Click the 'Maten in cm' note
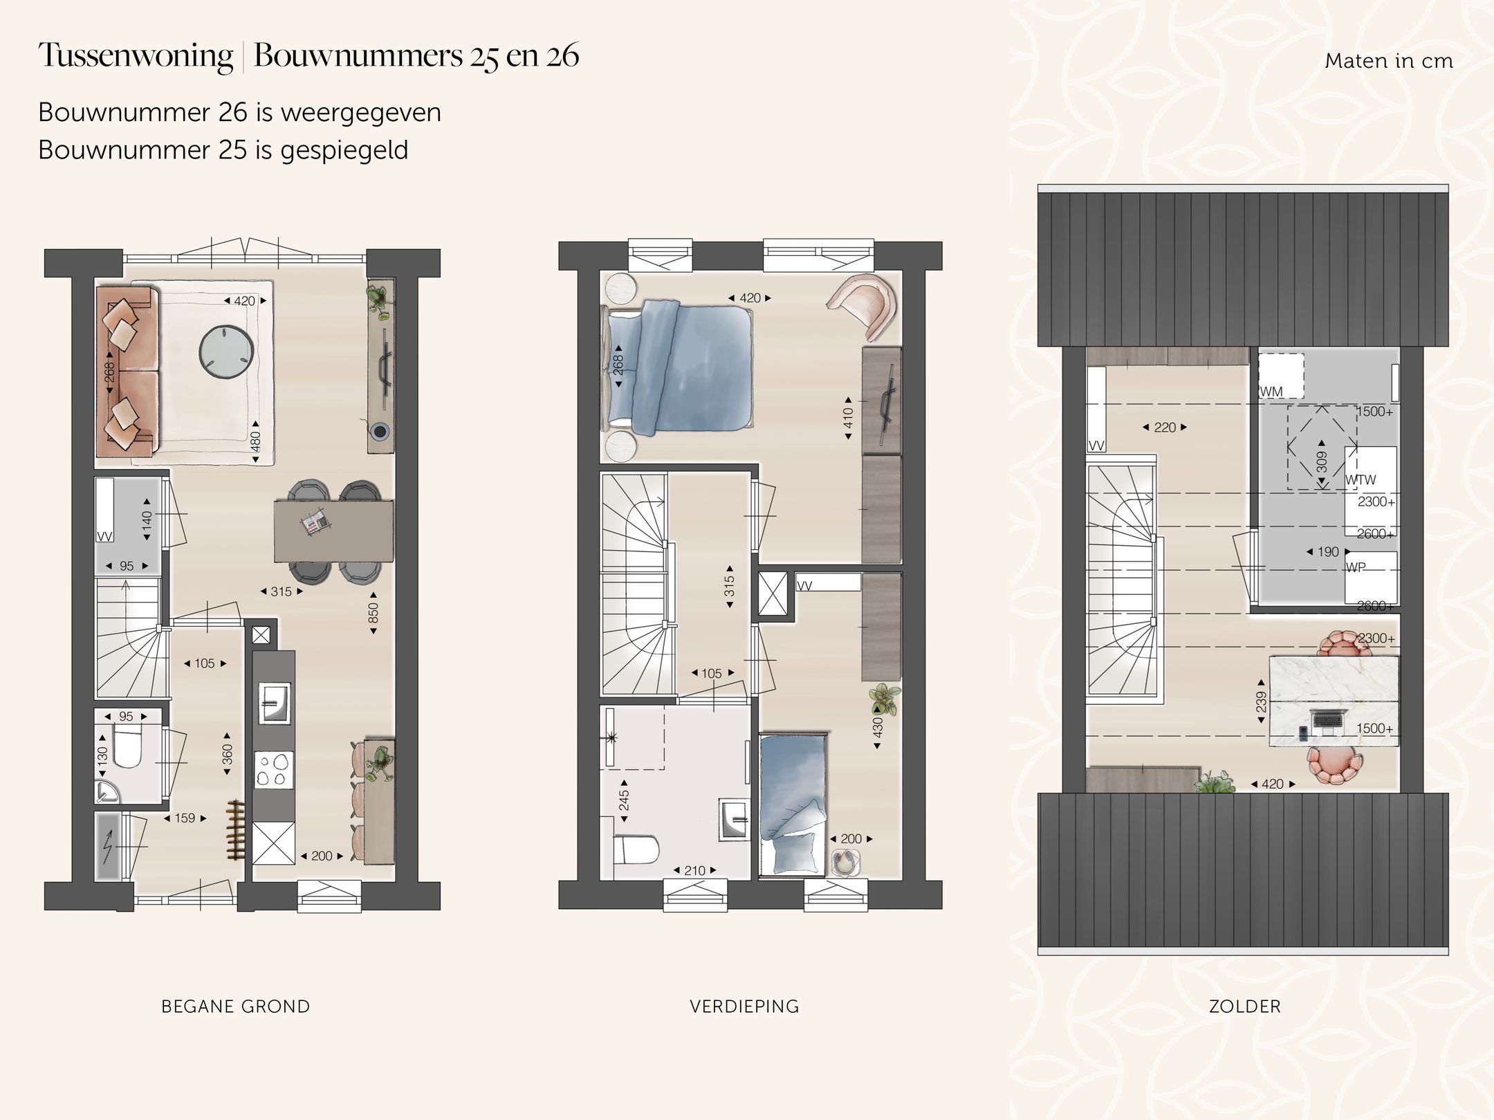[1388, 61]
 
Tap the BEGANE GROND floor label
[235, 1007]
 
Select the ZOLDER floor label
[1244, 1007]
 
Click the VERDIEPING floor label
[744, 1007]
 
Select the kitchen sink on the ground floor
[274, 703]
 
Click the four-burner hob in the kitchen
[274, 771]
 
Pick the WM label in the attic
[1271, 392]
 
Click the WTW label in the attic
[1361, 479]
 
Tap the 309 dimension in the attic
[1322, 462]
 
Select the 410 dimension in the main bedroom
[848, 418]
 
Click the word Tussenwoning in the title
[136, 55]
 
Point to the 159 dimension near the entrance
[185, 818]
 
